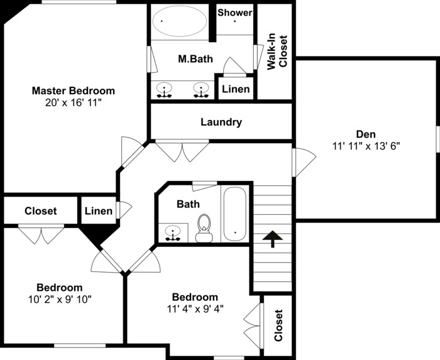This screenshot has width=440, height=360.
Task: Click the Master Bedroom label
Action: point(74,90)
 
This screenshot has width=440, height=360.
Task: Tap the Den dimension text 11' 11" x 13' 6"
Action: point(366,146)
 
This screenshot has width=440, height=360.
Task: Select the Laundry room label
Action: point(221,122)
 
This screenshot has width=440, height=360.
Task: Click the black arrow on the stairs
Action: point(272,239)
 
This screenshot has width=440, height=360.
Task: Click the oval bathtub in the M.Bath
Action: point(180,23)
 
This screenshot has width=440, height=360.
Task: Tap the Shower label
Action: point(235,13)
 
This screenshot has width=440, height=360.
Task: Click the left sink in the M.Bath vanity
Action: point(165,90)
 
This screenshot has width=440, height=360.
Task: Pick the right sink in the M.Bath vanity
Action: point(201,90)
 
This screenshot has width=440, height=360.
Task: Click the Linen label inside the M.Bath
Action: point(236,89)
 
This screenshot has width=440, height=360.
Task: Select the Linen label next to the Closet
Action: point(99,211)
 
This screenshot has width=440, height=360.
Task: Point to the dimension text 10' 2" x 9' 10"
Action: point(59,299)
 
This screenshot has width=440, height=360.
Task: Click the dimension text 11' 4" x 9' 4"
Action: point(195,308)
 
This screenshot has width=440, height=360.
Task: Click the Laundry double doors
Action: point(182,150)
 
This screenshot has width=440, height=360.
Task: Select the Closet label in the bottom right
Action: point(278,325)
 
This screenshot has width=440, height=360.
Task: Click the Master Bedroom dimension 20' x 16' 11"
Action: point(74,102)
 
